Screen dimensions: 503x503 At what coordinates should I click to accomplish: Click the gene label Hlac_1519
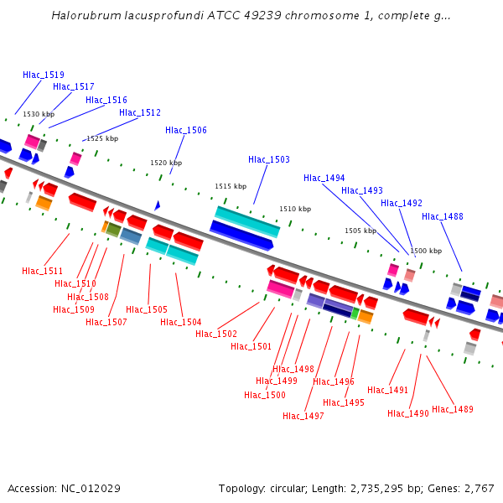click(44, 75)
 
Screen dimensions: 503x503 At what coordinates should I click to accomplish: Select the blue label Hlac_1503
click(269, 159)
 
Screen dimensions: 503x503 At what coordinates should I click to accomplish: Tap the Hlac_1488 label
click(443, 216)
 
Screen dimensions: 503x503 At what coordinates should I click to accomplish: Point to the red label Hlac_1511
click(43, 271)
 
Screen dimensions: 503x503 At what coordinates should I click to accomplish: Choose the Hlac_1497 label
click(303, 416)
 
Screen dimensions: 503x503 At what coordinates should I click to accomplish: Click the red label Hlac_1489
click(453, 409)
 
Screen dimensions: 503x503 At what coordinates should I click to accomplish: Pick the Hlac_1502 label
click(216, 334)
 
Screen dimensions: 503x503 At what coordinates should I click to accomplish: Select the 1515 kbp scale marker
click(231, 186)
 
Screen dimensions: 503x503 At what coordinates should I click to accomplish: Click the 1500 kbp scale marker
click(425, 251)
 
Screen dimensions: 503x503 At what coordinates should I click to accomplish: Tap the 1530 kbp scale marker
click(39, 114)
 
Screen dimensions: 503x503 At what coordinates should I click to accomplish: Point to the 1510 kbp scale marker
click(295, 209)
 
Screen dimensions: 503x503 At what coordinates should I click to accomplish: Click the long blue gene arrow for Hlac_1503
click(241, 236)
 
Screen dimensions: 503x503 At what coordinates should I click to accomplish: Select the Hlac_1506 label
click(186, 130)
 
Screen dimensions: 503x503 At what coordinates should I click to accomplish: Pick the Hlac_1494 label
click(324, 178)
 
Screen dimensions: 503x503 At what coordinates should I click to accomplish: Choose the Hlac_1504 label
click(181, 322)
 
